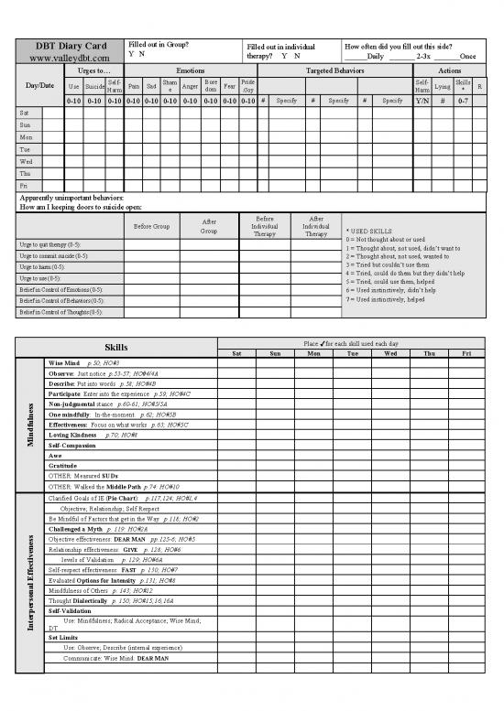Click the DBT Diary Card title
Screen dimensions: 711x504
click(71, 46)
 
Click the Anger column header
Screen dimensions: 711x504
click(190, 86)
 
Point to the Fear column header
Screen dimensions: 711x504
click(229, 86)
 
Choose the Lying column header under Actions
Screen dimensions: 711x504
click(443, 86)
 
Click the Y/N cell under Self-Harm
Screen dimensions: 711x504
click(422, 101)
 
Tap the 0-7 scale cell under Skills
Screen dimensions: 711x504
click(464, 101)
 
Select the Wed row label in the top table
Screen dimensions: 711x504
click(25, 161)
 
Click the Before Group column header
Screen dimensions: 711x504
click(152, 226)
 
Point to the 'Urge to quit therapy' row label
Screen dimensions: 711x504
click(49, 244)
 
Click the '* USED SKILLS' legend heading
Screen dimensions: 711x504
click(369, 232)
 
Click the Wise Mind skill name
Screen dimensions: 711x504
click(64, 363)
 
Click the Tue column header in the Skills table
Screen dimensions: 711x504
click(352, 352)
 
